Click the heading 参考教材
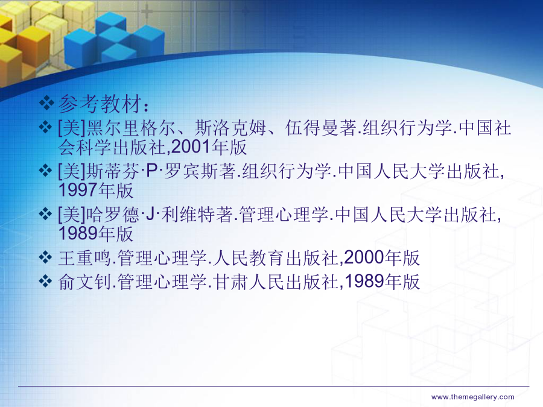[x=100, y=104]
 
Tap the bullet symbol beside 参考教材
[x=46, y=103]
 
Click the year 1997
[x=78, y=190]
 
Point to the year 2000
[x=364, y=257]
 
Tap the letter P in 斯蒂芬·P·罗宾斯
[x=151, y=171]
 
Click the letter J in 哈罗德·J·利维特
[x=150, y=214]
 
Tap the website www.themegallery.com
[x=472, y=397]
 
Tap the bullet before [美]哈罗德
[x=45, y=213]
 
